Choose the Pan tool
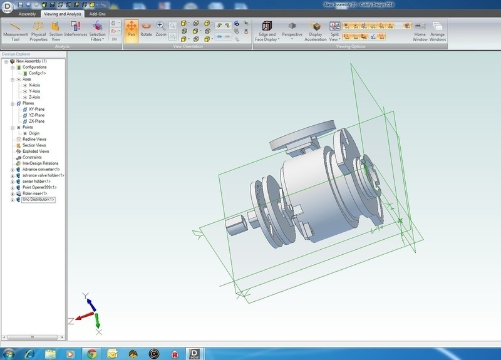[x=132, y=29]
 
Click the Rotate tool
[x=147, y=29]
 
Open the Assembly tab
[x=27, y=13]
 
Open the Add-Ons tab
[x=97, y=13]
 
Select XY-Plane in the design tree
[x=36, y=110]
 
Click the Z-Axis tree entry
[x=34, y=97]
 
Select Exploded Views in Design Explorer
[x=35, y=152]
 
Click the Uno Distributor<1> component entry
[x=38, y=200]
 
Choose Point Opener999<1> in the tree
[x=39, y=187]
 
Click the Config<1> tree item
[x=38, y=73]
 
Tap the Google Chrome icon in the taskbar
[x=91, y=352]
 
